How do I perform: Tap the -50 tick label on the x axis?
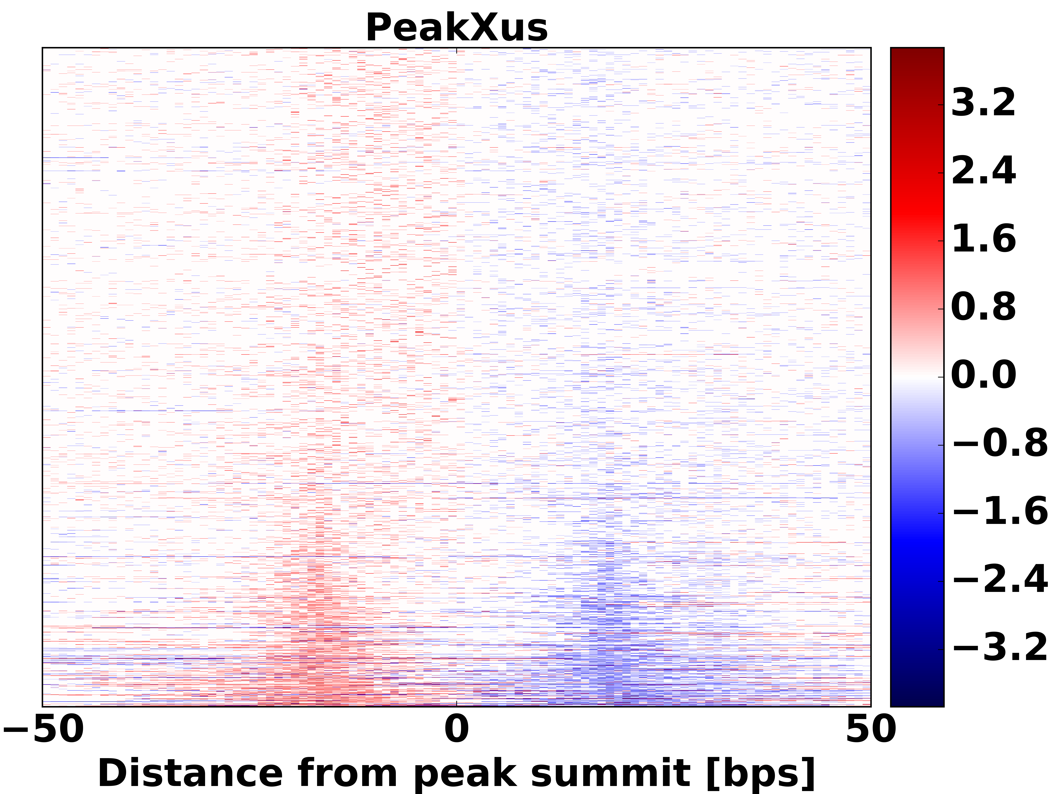coord(44,730)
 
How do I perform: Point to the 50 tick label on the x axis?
coord(870,730)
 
